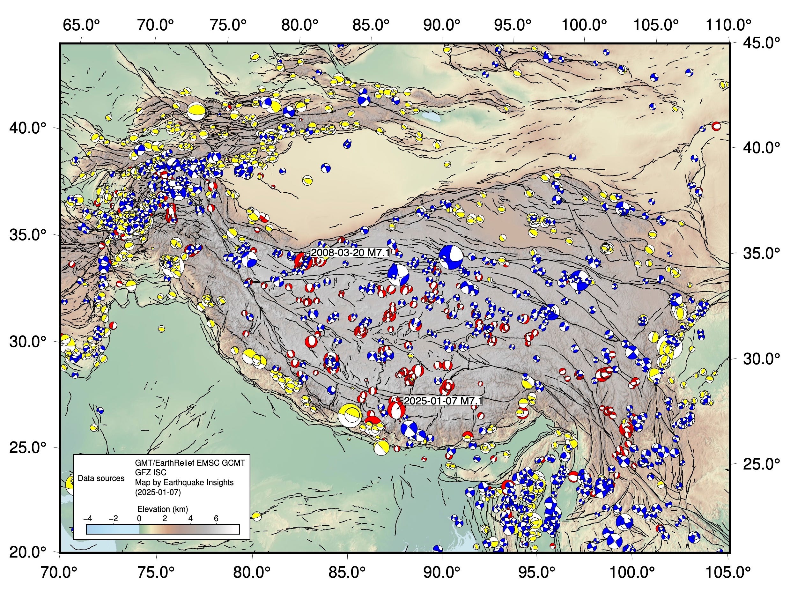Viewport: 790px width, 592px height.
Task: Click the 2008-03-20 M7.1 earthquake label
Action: point(349,253)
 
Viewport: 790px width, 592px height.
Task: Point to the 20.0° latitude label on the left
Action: point(28,553)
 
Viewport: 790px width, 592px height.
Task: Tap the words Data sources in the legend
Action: point(101,478)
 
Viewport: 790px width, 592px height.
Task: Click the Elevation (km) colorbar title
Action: point(163,509)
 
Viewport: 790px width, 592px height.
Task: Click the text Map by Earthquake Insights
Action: point(184,482)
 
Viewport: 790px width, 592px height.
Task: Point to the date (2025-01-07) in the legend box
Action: point(158,492)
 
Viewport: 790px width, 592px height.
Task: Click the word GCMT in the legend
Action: point(233,463)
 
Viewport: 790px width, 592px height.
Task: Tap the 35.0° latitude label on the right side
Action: point(761,253)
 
